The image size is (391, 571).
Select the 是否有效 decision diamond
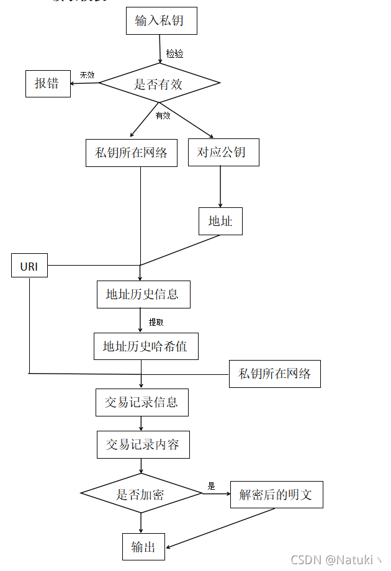pyautogui.click(x=160, y=84)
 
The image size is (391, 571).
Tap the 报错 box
pyautogui.click(x=47, y=83)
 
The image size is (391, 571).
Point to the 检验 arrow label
pyautogui.click(x=174, y=54)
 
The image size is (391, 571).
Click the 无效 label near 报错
pyautogui.click(x=87, y=75)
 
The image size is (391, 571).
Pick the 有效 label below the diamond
pyautogui.click(x=163, y=115)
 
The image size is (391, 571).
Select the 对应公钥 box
pyautogui.click(x=223, y=153)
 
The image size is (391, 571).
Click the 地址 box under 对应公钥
pyautogui.click(x=220, y=221)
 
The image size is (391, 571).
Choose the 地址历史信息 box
pyautogui.click(x=143, y=294)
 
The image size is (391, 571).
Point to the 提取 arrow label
pyautogui.click(x=156, y=322)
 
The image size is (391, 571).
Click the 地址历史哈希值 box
pyautogui.click(x=145, y=346)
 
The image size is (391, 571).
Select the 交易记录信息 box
pyautogui.click(x=142, y=402)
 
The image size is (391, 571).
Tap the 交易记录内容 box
pyautogui.click(x=143, y=444)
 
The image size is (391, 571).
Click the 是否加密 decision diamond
pyautogui.click(x=141, y=494)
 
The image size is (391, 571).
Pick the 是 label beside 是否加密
pyautogui.click(x=211, y=486)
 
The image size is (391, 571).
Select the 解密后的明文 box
pyautogui.click(x=276, y=495)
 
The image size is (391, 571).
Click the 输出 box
pyautogui.click(x=143, y=547)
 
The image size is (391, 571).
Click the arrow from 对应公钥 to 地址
pyautogui.click(x=220, y=186)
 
